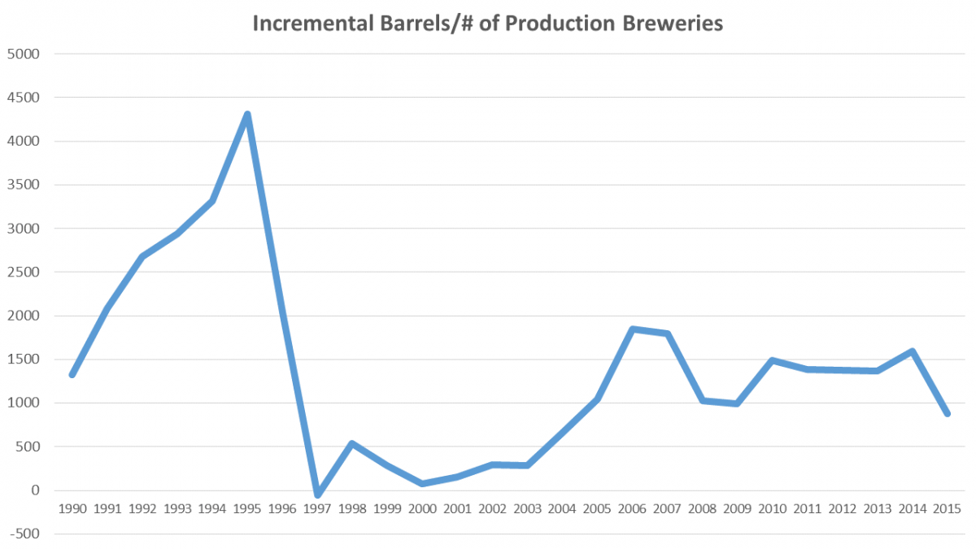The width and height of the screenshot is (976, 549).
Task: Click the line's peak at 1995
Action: pos(247,115)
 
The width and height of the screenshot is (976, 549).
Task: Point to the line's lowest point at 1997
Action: pos(317,495)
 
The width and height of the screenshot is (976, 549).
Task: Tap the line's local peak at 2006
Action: pos(632,329)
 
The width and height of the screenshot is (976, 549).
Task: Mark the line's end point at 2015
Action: pos(948,413)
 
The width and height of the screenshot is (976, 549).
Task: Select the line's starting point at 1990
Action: pos(72,374)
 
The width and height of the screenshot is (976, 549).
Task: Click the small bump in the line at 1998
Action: pos(352,443)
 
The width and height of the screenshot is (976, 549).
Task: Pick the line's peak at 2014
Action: pos(913,351)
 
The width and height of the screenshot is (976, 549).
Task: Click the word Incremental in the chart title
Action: pos(303,24)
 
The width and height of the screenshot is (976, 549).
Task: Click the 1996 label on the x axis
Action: pos(282,509)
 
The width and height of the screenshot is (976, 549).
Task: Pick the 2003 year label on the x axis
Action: pos(527,509)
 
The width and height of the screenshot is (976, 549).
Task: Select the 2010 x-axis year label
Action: pos(773,509)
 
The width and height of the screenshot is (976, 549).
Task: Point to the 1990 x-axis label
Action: pos(72,509)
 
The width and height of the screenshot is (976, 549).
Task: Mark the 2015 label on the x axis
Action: pos(948,509)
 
